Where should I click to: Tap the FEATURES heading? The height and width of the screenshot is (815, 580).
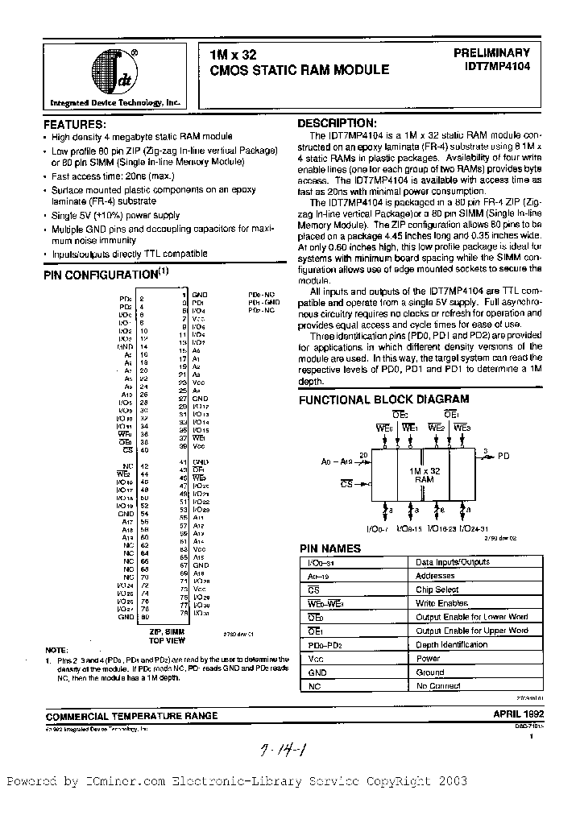73,126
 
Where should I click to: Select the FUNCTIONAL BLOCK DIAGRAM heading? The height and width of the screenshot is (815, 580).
383,399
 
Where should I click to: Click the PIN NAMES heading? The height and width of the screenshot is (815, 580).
330,548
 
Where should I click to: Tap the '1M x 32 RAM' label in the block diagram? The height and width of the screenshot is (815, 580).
424,474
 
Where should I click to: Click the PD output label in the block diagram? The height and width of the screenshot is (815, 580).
503,456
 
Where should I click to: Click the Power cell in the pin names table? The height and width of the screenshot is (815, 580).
429,658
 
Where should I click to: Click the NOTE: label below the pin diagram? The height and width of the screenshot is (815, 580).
57,649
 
